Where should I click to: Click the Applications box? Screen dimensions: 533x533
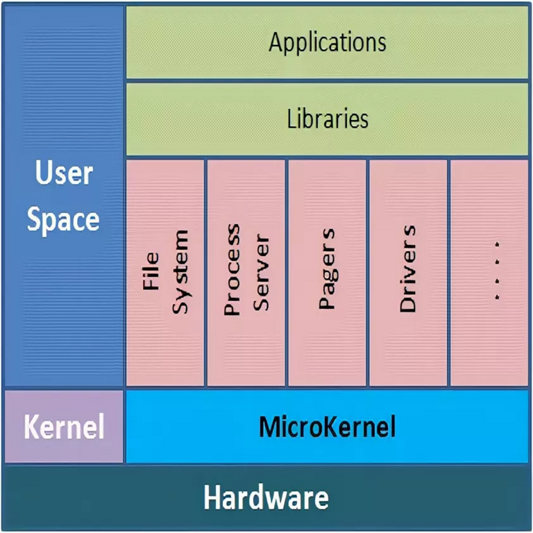tap(327, 42)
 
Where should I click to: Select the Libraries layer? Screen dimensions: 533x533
tap(327, 119)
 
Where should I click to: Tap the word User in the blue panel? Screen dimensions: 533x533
tap(64, 174)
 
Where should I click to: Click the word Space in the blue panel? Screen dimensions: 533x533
tap(64, 220)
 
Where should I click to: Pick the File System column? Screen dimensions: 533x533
tap(165, 272)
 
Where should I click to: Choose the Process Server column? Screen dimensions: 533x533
tap(246, 272)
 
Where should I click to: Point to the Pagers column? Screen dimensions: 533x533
tap(327, 272)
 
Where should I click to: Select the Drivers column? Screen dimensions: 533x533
tap(408, 272)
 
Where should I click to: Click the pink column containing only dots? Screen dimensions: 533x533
tap(489, 272)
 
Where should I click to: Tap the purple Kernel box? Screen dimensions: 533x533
tap(64, 426)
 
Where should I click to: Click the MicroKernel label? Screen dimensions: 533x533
tap(327, 426)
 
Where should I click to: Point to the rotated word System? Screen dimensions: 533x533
tap(180, 272)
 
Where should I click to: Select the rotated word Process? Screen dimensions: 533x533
tap(232, 270)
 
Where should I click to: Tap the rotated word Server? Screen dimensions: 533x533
tap(261, 273)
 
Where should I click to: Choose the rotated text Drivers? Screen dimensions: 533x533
tap(408, 268)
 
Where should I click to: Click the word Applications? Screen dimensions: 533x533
tap(327, 42)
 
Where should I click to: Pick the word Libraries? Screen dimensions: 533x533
tap(327, 119)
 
